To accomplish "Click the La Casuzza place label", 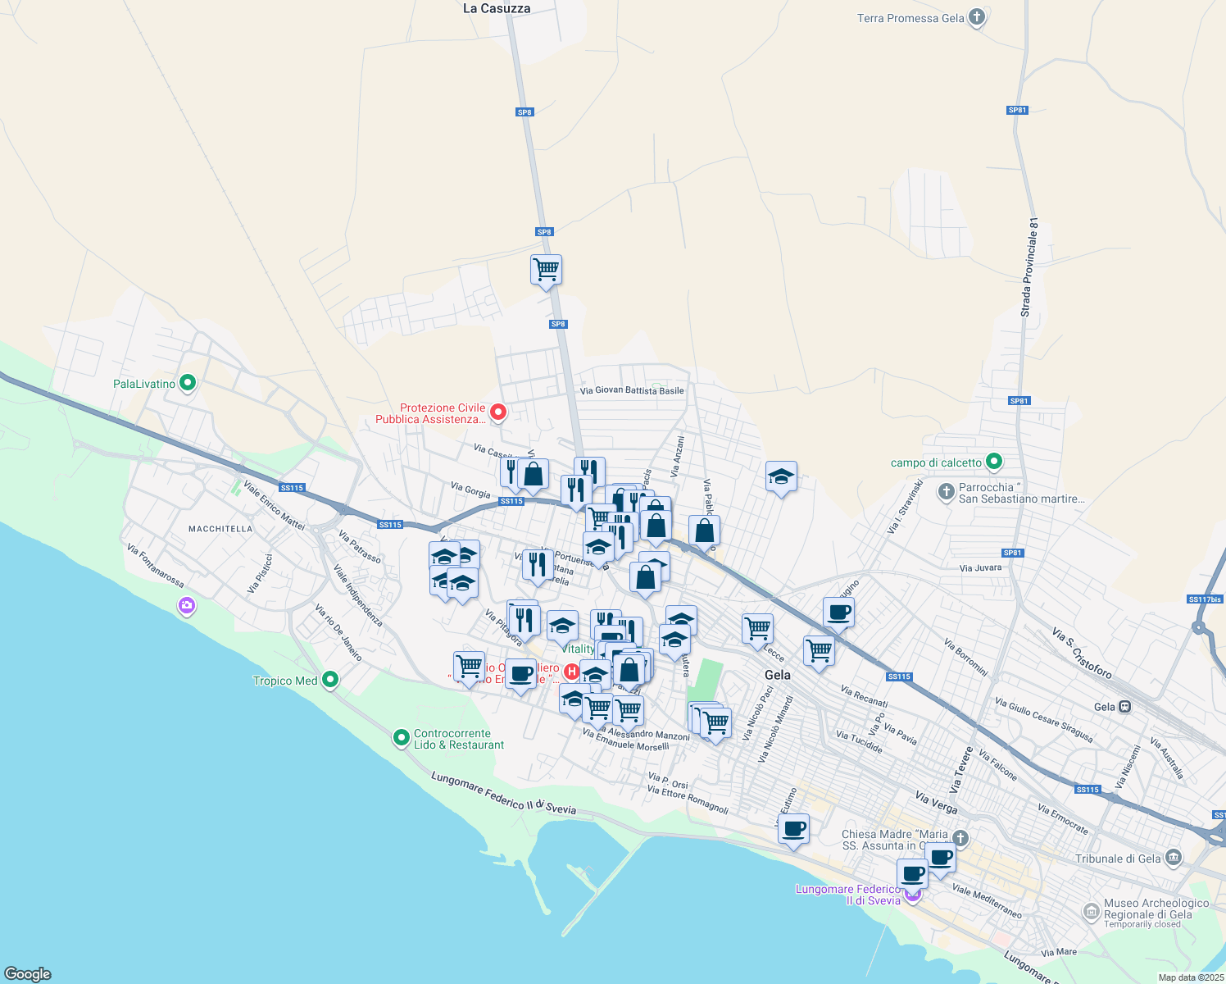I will pos(497,8).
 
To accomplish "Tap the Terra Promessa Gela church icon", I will pos(976,17).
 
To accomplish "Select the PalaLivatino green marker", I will pos(188,383).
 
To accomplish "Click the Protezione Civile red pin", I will pos(497,412).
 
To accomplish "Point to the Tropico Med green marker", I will pos(330,680).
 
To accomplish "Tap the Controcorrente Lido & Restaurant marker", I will pos(401,738).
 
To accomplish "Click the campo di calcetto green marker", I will pos(994,462).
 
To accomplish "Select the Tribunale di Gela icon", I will pos(1174,858).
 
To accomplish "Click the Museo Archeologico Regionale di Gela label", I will pos(1156,909).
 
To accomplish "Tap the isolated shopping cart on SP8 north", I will pos(546,269).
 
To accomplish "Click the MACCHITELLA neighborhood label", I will pos(220,529).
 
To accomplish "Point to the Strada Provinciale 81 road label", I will pos(1029,267).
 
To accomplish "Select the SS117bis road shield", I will pos(1205,599).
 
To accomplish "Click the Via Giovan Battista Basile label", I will pos(632,391).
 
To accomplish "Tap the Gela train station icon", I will pos(1125,706).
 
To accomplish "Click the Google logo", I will pos(28,974).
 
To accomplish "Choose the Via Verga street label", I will pos(936,802).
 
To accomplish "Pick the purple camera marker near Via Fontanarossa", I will pos(187,606).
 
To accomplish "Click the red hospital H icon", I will pos(572,672).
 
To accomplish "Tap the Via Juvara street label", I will pos(980,567).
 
